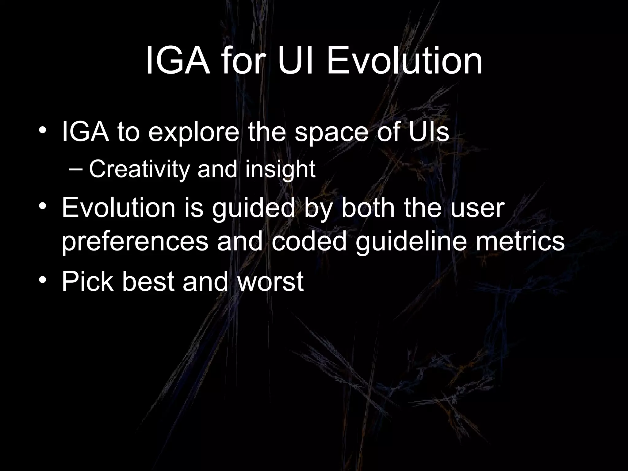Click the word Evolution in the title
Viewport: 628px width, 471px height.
pos(404,61)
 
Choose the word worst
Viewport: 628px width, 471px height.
pos(270,281)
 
